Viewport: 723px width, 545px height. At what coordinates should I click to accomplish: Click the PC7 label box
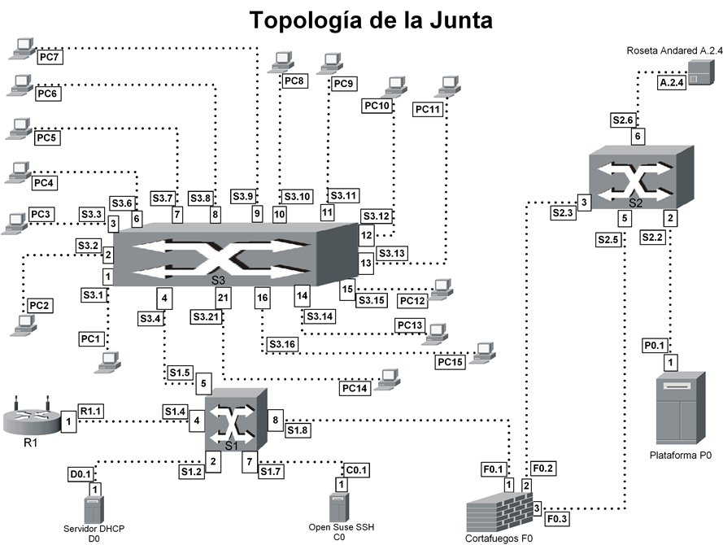point(50,57)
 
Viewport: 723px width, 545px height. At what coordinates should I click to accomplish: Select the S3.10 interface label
point(297,197)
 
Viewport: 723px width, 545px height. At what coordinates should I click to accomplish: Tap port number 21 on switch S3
point(223,298)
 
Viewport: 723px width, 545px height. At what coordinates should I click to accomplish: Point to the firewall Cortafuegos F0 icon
point(499,511)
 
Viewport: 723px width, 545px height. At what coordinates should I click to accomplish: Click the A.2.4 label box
point(672,82)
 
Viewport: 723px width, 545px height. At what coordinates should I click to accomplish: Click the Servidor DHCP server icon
point(94,509)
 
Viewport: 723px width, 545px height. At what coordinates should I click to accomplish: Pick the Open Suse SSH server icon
point(339,508)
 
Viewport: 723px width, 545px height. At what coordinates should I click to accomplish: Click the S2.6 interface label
point(623,120)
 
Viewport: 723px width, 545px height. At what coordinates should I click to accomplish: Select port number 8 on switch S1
point(275,420)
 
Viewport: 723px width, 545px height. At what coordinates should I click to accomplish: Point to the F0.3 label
point(557,519)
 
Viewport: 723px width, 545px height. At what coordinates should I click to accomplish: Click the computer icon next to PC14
point(387,380)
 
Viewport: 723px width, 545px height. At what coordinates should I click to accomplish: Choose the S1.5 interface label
point(180,373)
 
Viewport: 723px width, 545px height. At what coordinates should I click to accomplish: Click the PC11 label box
point(428,109)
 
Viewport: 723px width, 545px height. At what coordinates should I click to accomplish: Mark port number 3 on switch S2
point(584,202)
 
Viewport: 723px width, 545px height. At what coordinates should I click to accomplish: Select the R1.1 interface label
point(91,411)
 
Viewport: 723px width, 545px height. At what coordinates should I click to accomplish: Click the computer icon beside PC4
point(19,172)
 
